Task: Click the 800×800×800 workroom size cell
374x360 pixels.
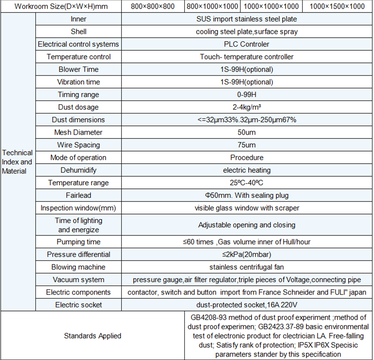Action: click(x=153, y=7)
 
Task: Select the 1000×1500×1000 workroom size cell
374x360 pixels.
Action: click(x=337, y=7)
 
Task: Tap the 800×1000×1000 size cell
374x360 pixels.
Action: click(x=212, y=7)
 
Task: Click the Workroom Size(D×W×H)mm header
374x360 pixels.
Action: click(x=61, y=7)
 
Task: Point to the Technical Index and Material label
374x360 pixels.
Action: click(x=17, y=162)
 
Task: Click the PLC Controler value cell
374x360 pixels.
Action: click(x=246, y=44)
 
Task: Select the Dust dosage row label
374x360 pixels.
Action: click(x=78, y=107)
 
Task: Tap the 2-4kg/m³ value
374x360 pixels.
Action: click(x=246, y=107)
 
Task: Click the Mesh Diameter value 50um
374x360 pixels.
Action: click(x=246, y=132)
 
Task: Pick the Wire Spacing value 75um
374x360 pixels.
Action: click(x=246, y=145)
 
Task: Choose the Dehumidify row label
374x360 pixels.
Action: click(x=78, y=170)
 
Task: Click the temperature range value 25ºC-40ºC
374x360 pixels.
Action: click(x=246, y=183)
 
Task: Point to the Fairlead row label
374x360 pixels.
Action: click(x=78, y=195)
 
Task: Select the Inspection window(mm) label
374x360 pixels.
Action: click(x=78, y=208)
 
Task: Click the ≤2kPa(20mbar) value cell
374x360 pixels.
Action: click(x=246, y=254)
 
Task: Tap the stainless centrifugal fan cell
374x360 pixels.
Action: click(x=246, y=267)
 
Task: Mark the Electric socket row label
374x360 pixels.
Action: click(x=78, y=305)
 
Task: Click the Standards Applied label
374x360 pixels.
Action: click(x=93, y=336)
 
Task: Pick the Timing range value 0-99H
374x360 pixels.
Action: click(x=246, y=94)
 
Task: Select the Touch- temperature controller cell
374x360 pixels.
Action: click(x=246, y=57)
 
